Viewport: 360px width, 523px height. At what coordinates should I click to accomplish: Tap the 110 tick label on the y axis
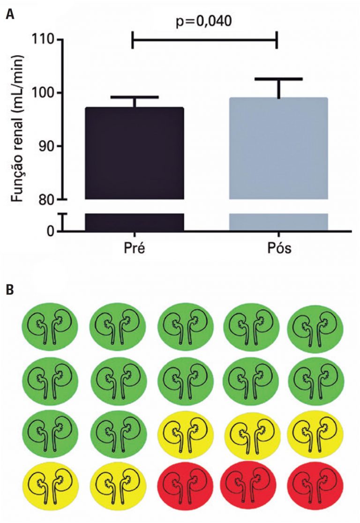tap(44, 40)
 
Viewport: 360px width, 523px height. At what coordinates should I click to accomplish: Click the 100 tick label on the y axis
tap(44, 93)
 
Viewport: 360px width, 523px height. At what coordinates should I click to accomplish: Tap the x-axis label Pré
tap(134, 248)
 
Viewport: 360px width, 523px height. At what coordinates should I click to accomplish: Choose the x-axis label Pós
tap(278, 248)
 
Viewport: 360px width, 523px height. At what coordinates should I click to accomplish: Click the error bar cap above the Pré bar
tap(134, 97)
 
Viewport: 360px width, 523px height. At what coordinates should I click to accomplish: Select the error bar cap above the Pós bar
tap(278, 79)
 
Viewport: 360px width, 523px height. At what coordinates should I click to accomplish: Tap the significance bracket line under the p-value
tap(205, 40)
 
